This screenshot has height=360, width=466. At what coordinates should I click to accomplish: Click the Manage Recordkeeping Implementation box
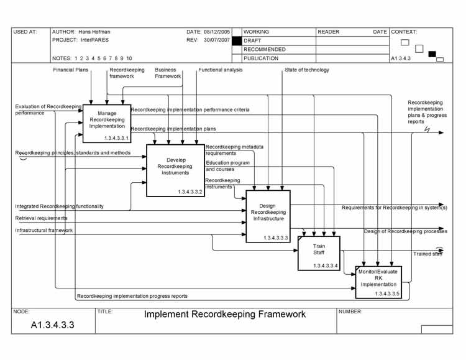pyautogui.click(x=107, y=124)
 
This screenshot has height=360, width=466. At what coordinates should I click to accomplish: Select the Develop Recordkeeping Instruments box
pyautogui.click(x=176, y=170)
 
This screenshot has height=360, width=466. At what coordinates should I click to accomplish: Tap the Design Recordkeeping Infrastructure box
pyautogui.click(x=268, y=216)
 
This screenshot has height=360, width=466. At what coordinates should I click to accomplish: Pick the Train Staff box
pyautogui.click(x=319, y=252)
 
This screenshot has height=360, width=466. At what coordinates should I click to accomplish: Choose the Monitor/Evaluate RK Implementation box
pyautogui.click(x=378, y=282)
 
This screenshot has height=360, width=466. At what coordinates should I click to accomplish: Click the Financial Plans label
pyautogui.click(x=71, y=70)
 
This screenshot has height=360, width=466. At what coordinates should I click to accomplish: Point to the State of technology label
pyautogui.click(x=307, y=70)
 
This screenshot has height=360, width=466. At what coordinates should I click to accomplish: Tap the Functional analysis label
pyautogui.click(x=221, y=70)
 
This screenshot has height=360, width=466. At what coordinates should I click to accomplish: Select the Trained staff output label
pyautogui.click(x=427, y=254)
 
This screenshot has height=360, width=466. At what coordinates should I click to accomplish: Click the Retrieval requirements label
pyautogui.click(x=42, y=218)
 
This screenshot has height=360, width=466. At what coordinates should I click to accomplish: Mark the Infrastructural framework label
pyautogui.click(x=44, y=230)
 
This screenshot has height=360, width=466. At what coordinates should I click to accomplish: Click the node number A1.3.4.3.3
pyautogui.click(x=53, y=325)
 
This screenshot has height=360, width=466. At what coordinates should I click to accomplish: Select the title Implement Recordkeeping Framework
pyautogui.click(x=225, y=314)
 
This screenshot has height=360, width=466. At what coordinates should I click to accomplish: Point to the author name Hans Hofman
pyautogui.click(x=94, y=32)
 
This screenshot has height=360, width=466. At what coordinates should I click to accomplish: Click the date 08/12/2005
pyautogui.click(x=217, y=32)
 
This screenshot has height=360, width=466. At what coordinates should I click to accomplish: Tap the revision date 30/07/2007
pyautogui.click(x=217, y=40)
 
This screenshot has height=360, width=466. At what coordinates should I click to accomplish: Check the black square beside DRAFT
pyautogui.click(x=236, y=40)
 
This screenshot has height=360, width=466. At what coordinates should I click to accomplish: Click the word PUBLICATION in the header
pyautogui.click(x=261, y=58)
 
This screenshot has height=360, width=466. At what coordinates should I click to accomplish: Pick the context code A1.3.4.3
pyautogui.click(x=401, y=58)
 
